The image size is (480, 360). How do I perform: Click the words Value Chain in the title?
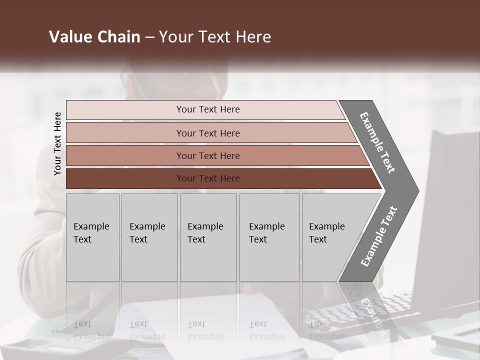[x=94, y=37]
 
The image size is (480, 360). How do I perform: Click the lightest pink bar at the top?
[x=125, y=110]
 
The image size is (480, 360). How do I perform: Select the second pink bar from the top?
[x=125, y=133]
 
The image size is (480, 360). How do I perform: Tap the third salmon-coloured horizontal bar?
[x=125, y=155]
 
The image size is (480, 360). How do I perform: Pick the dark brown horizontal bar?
[x=125, y=178]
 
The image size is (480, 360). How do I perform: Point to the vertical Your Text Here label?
[x=57, y=143]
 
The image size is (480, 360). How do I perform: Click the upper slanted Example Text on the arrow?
[x=377, y=142]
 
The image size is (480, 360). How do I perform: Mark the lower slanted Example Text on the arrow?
[x=378, y=236]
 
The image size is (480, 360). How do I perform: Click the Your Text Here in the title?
[x=215, y=37]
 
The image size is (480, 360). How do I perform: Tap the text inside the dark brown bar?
[x=208, y=178]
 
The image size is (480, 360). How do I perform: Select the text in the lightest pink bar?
[x=208, y=109]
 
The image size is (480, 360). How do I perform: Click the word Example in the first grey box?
[x=91, y=226]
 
